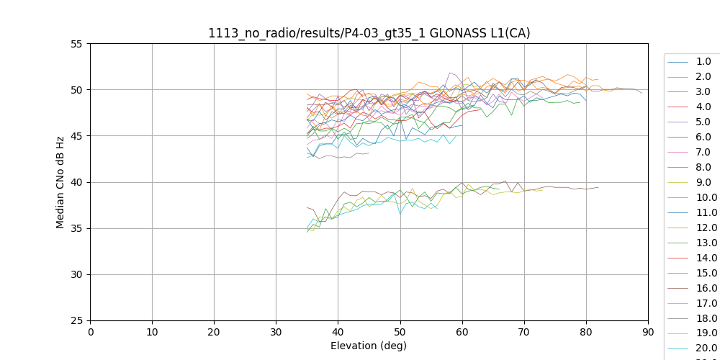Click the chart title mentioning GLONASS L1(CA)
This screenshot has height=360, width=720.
(369, 33)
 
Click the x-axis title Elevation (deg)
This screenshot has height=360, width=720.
(369, 346)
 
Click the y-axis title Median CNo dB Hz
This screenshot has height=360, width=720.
(60, 182)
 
